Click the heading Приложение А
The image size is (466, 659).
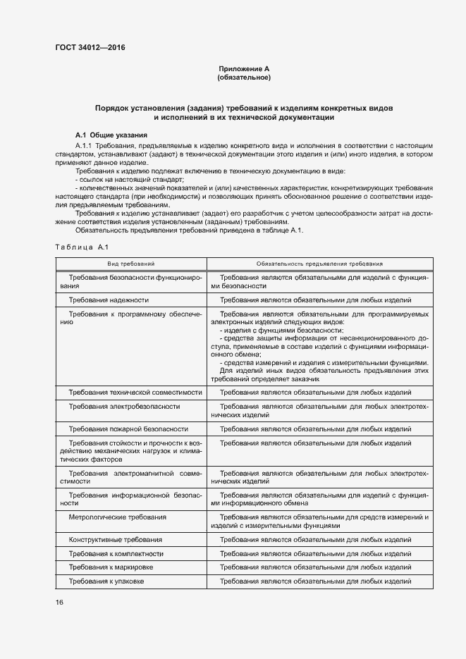[x=244, y=68]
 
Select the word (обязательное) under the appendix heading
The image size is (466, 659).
[x=244, y=77]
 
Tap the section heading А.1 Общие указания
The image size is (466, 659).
[x=111, y=134]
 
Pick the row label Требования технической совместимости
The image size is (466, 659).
[x=135, y=392]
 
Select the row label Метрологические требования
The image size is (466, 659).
[x=117, y=517]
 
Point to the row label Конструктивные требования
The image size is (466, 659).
[x=115, y=539]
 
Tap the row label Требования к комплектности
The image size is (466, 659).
[x=116, y=553]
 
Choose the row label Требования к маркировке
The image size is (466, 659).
[x=111, y=567]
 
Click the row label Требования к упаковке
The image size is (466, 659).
[x=106, y=581]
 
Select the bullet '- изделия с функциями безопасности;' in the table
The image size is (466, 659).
[x=282, y=331]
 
